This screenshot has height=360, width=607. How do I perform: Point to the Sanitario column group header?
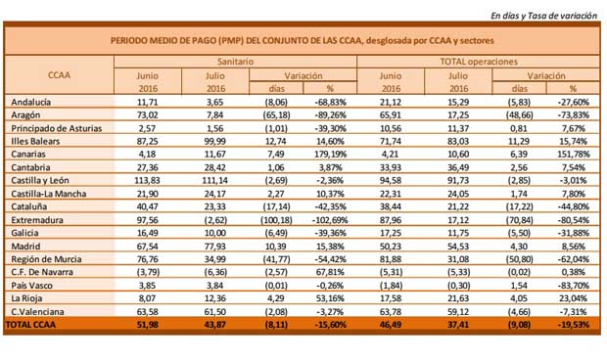pos(234,61)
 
